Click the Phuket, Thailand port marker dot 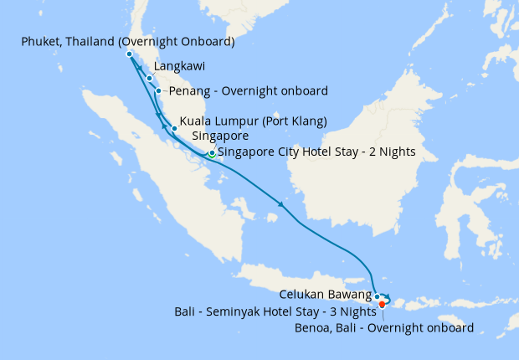coord(129,54)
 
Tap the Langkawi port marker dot coord(149,79)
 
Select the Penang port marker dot coord(158,90)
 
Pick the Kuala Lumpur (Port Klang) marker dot coord(174,129)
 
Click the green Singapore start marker coord(212,154)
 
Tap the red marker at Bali coord(383,304)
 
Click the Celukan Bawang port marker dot coord(378,296)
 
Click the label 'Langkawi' coord(180,64)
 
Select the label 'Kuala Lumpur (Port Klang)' coord(253,121)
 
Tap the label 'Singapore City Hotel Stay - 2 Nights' coord(316,152)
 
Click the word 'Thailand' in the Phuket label coord(97,41)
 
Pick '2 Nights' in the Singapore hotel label coord(388,152)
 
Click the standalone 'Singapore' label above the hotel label coord(220,136)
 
